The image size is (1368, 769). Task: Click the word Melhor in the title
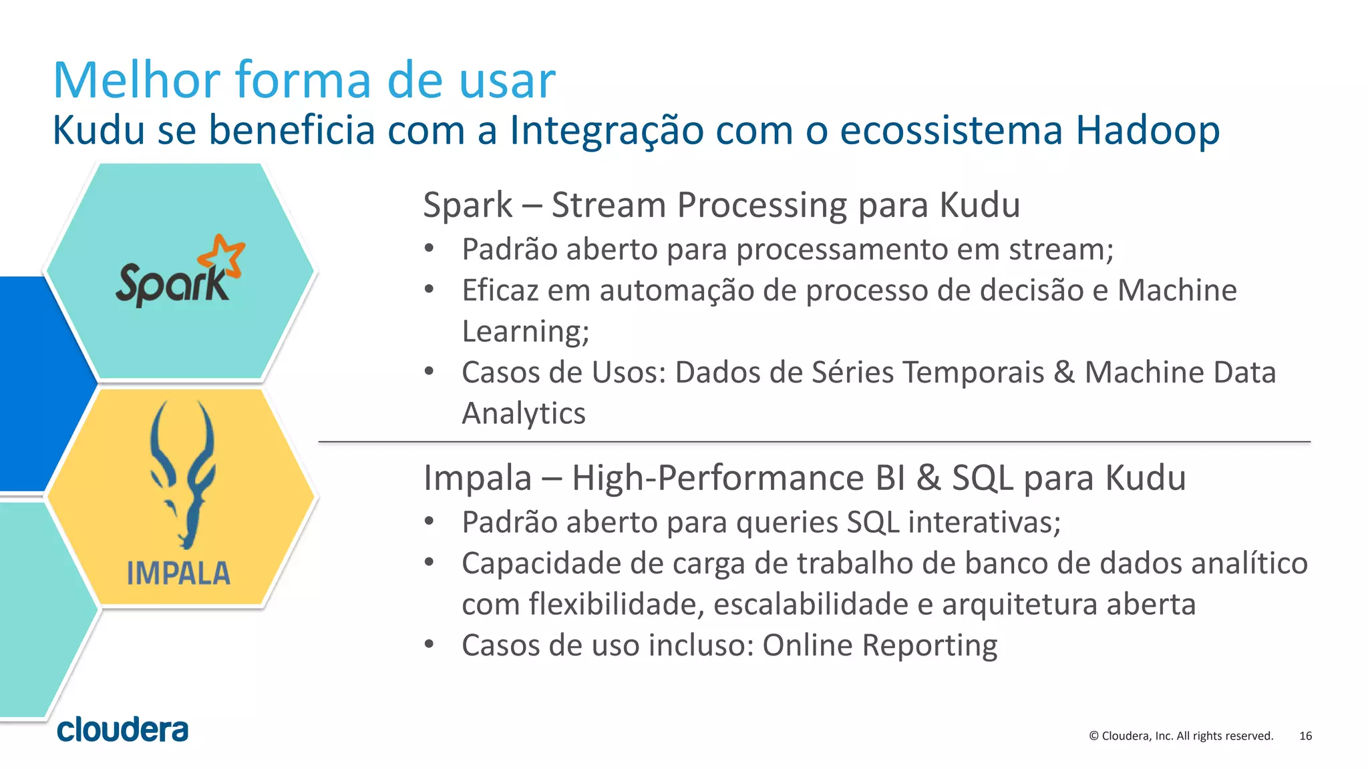pyautogui.click(x=136, y=80)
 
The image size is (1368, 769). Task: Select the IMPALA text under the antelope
pyautogui.click(x=178, y=573)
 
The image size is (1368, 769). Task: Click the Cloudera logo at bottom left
pyautogui.click(x=123, y=730)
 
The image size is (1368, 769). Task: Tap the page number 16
pyautogui.click(x=1305, y=736)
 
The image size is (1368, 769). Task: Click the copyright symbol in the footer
pyautogui.click(x=1093, y=736)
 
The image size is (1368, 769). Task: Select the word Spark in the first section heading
pyautogui.click(x=468, y=205)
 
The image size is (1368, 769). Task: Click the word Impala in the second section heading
pyautogui.click(x=478, y=478)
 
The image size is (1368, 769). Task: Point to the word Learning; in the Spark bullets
pyautogui.click(x=526, y=331)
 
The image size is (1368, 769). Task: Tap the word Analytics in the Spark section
pyautogui.click(x=524, y=413)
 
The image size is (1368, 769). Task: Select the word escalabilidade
pyautogui.click(x=811, y=604)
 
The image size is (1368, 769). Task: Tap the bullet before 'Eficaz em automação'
pyautogui.click(x=430, y=290)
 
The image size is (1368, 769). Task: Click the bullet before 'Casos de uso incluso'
pyautogui.click(x=430, y=645)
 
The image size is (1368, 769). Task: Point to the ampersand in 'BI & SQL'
pyautogui.click(x=928, y=478)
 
